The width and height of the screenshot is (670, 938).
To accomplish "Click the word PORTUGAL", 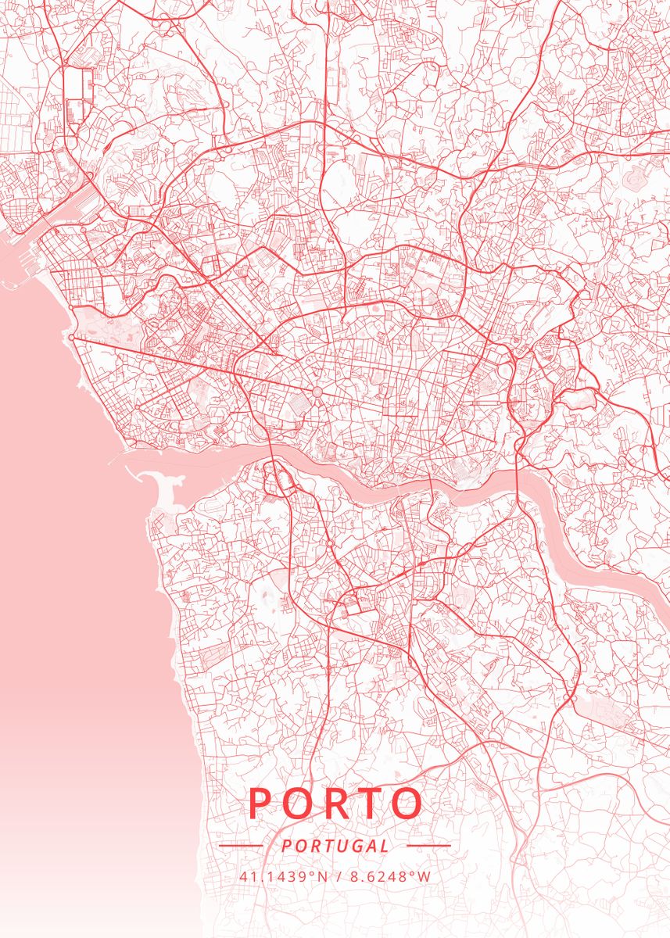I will [x=335, y=846].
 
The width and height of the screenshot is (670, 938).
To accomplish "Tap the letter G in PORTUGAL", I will [x=351, y=846].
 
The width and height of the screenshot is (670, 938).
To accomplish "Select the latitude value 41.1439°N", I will [x=283, y=876].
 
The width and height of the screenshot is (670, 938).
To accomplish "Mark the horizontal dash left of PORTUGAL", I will [x=240, y=846].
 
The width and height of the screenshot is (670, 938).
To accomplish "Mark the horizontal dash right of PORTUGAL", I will [x=429, y=846].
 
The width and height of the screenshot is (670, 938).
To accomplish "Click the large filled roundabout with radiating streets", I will [x=317, y=391].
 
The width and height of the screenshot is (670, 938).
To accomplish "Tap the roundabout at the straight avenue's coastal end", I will [x=72, y=338].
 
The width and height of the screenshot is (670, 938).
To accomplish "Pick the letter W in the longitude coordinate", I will [x=425, y=876].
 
